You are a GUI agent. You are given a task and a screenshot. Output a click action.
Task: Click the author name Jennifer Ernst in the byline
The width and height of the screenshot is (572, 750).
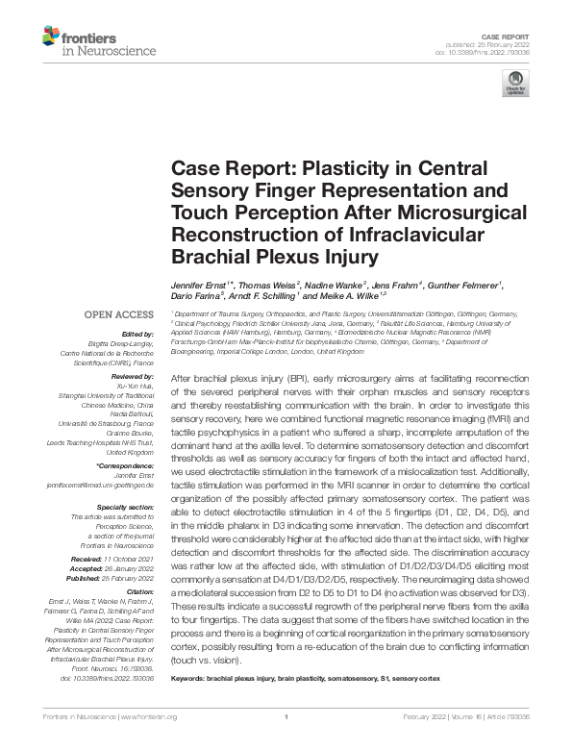[199, 285]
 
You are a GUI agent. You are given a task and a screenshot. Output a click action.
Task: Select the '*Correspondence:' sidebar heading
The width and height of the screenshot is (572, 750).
[127, 466]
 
